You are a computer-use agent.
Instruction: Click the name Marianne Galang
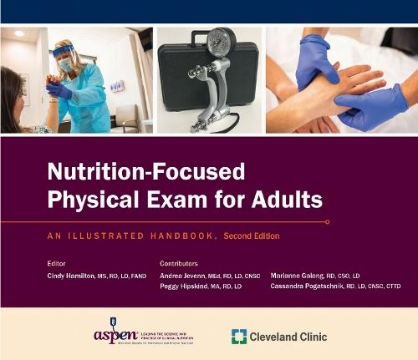[x=297, y=275]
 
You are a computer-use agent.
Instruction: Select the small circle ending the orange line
[x=327, y=222]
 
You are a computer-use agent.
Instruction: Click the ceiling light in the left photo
[x=18, y=33]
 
